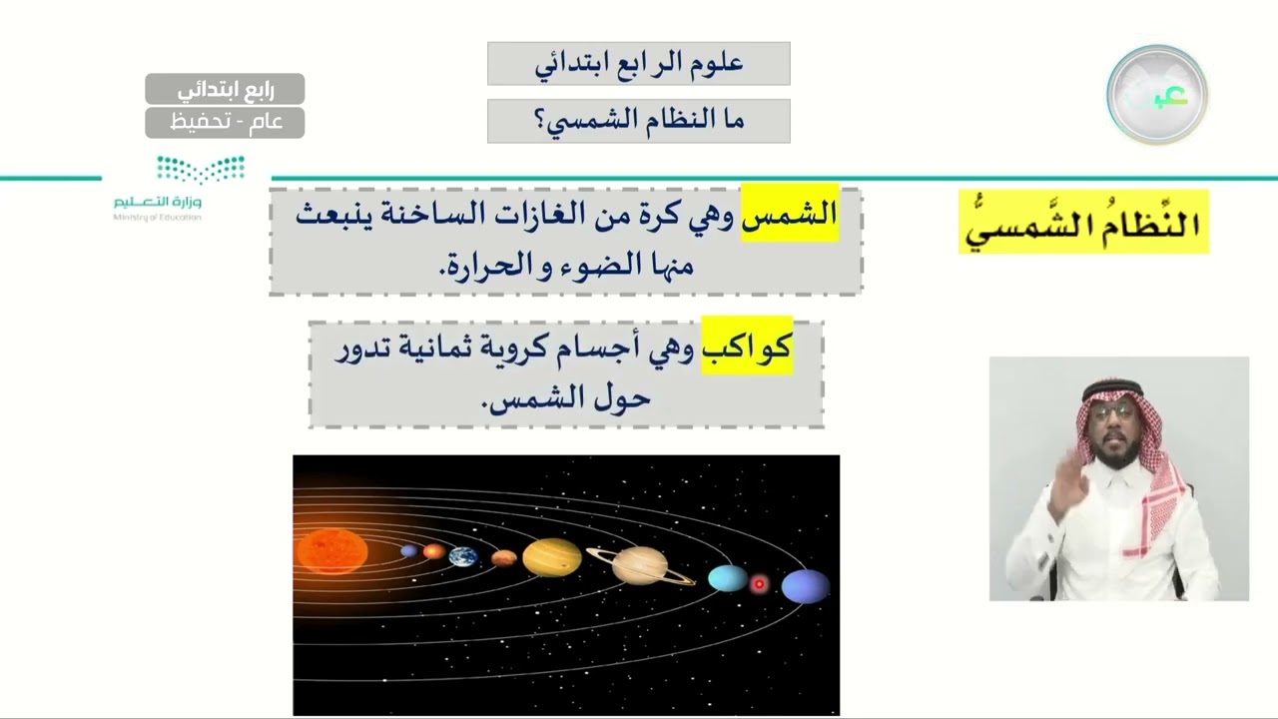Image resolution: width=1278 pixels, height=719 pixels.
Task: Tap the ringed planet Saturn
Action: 640,565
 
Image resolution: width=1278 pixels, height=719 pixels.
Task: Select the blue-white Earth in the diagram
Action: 462,556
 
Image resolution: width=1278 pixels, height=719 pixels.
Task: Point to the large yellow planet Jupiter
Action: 552,557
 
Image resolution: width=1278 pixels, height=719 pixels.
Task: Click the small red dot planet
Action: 759,583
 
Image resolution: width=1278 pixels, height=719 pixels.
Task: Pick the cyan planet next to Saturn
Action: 727,577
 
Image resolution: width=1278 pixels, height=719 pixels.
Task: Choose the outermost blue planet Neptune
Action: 805,586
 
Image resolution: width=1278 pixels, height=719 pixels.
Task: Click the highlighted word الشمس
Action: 789,214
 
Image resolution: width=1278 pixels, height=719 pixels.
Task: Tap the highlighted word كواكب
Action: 747,346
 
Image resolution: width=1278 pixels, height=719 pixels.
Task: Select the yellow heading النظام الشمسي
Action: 1083,222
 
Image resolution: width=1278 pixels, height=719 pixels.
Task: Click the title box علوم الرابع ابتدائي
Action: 639,63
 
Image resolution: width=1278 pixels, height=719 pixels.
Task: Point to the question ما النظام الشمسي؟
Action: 639,121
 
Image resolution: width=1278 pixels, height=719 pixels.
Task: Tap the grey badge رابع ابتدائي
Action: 225,89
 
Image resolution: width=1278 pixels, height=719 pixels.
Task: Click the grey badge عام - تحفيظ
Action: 225,122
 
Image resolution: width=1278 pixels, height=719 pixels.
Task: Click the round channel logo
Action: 1157,95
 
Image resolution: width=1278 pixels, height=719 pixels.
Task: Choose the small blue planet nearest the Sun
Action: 409,550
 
